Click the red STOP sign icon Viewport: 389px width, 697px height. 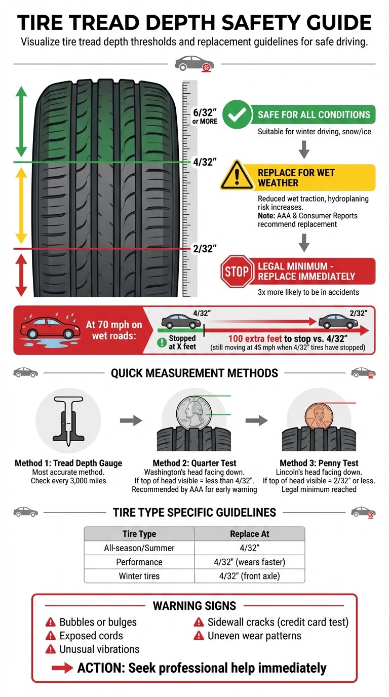click(236, 271)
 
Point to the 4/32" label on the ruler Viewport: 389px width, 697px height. click(205, 162)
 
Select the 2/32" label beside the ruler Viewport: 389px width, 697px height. click(205, 248)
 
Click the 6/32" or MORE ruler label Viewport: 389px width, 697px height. click(205, 116)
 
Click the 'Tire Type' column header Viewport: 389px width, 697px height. click(139, 534)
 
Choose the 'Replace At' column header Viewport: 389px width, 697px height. click(249, 534)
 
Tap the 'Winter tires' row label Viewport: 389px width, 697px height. click(139, 576)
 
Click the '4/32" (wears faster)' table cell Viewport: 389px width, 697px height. click(249, 562)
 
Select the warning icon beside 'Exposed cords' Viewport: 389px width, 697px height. click(51, 636)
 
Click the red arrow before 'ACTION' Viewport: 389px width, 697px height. click(62, 668)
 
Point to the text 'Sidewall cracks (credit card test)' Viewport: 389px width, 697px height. click(278, 622)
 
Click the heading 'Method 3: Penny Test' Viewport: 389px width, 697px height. click(319, 463)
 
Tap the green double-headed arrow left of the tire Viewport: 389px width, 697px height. click(21, 122)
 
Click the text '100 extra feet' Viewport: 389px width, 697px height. click(258, 339)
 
